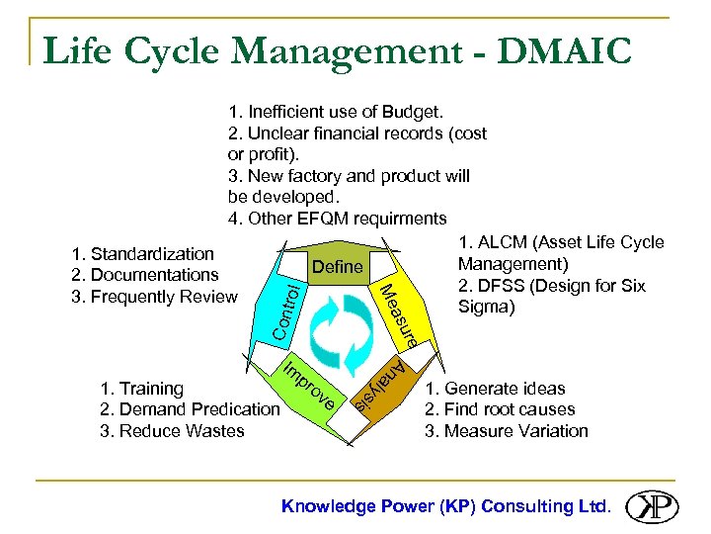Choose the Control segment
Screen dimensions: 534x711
[285, 311]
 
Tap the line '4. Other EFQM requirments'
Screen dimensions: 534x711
[337, 219]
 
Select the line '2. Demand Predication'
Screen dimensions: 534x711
[190, 409]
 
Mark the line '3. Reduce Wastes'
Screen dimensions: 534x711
[172, 431]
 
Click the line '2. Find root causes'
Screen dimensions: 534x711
[499, 409]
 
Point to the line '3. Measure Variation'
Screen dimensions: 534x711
[506, 431]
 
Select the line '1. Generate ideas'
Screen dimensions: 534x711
[495, 388]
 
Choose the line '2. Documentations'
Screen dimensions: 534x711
[144, 275]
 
